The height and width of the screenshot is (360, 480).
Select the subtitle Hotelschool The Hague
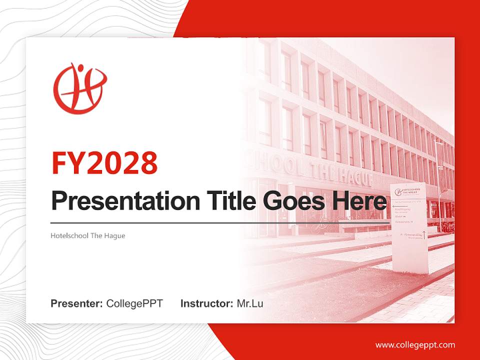pyautogui.click(x=88, y=235)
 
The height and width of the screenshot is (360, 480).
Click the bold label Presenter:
pyautogui.click(x=77, y=303)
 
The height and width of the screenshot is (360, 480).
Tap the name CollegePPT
pyautogui.click(x=134, y=303)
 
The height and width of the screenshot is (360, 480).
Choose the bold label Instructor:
pyautogui.click(x=206, y=303)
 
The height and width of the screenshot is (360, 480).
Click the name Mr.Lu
pyautogui.click(x=250, y=303)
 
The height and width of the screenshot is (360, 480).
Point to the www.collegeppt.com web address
pyautogui.click(x=415, y=345)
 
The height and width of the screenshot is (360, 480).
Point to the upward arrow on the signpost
pyautogui.click(x=424, y=234)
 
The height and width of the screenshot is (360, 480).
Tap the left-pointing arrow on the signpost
pyautogui.click(x=395, y=206)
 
